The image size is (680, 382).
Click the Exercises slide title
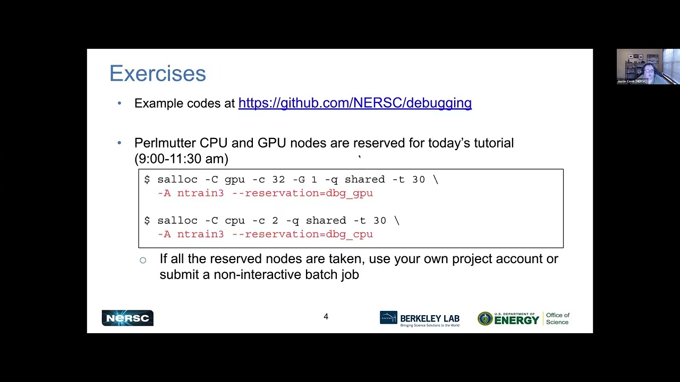(x=158, y=73)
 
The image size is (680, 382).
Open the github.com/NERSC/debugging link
(x=355, y=103)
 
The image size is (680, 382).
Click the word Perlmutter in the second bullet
(x=165, y=143)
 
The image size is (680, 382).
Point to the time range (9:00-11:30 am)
(x=181, y=159)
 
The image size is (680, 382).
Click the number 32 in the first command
(x=278, y=179)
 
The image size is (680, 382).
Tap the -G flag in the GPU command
(x=299, y=179)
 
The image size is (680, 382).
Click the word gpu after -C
(x=235, y=180)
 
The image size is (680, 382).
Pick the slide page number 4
(x=326, y=317)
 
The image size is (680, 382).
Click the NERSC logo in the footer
(x=127, y=318)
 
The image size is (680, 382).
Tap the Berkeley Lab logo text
(x=430, y=319)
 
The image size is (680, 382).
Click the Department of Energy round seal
(x=485, y=319)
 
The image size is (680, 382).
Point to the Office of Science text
(x=558, y=319)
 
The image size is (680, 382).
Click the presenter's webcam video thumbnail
(x=648, y=66)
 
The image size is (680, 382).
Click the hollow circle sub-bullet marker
(x=143, y=260)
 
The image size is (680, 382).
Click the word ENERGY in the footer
(x=517, y=320)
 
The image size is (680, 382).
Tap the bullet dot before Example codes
(x=120, y=103)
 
